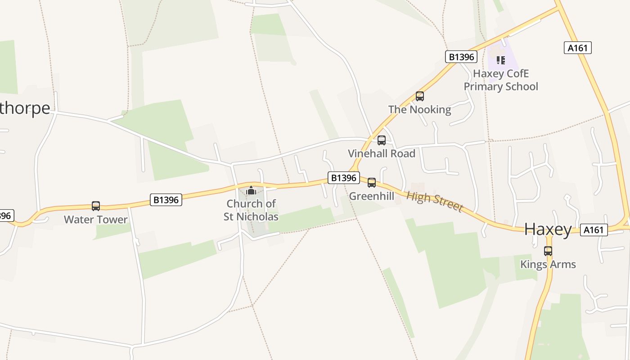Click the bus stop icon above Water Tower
pyautogui.click(x=96, y=206)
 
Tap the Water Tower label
pyautogui.click(x=96, y=220)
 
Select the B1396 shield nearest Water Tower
pyautogui.click(x=166, y=200)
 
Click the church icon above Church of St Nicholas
pyautogui.click(x=251, y=191)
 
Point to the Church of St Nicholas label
pyautogui.click(x=251, y=210)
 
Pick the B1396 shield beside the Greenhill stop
pyautogui.click(x=344, y=178)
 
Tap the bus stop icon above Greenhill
pyautogui.click(x=372, y=183)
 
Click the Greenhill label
pyautogui.click(x=372, y=196)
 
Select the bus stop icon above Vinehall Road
pyautogui.click(x=382, y=140)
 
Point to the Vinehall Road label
pyautogui.click(x=382, y=153)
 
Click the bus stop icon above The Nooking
pyautogui.click(x=420, y=96)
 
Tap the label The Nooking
pyautogui.click(x=419, y=109)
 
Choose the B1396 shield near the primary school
pyautogui.click(x=461, y=57)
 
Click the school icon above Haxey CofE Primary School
pyautogui.click(x=501, y=60)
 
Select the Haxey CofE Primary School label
pyautogui.click(x=501, y=80)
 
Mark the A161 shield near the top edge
pyautogui.click(x=577, y=48)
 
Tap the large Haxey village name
pyautogui.click(x=548, y=229)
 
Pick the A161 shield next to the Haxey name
pyautogui.click(x=594, y=230)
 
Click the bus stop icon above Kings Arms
pyautogui.click(x=548, y=251)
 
